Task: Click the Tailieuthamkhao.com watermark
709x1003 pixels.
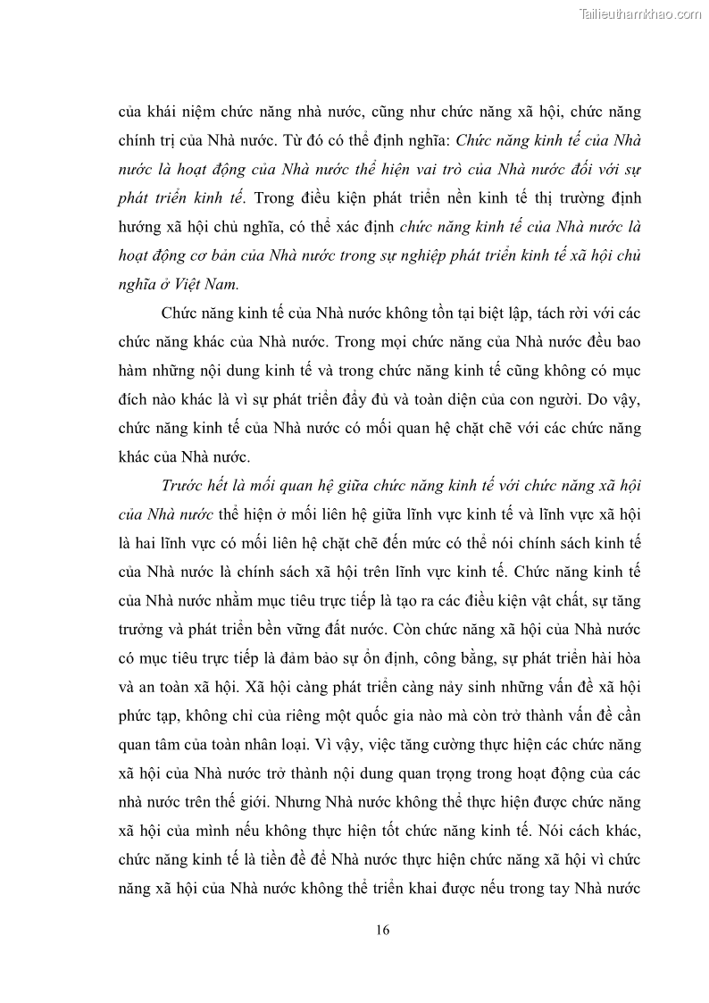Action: [641, 13]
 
